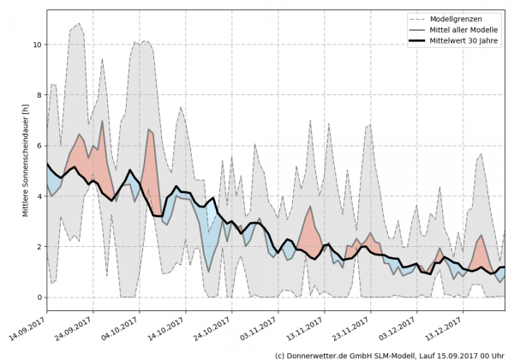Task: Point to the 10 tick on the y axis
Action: tap(35, 44)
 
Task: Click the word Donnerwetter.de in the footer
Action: tap(319, 354)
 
